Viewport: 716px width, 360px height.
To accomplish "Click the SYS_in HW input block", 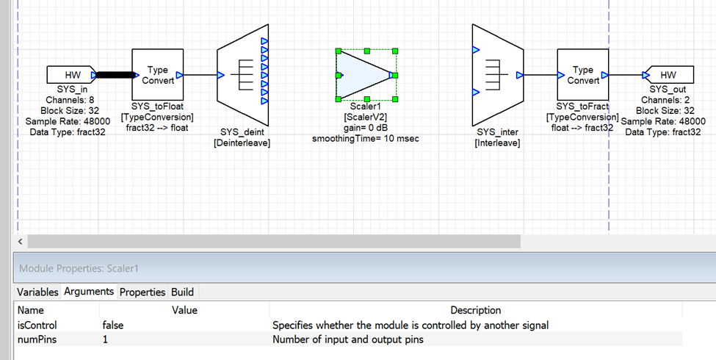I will pyautogui.click(x=70, y=75).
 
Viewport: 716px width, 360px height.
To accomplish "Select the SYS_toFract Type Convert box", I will pyautogui.click(x=582, y=75).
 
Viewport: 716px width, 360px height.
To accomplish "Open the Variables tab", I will pyautogui.click(x=37, y=292).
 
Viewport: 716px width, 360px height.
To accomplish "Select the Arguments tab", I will pyautogui.click(x=89, y=292).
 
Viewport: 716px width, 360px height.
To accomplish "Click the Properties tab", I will pyautogui.click(x=142, y=292).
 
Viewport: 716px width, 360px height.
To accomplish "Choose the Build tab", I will pyautogui.click(x=182, y=292).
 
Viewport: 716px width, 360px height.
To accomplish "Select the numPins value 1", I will pyautogui.click(x=106, y=339).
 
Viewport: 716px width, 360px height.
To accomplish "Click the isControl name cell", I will pyautogui.click(x=37, y=325).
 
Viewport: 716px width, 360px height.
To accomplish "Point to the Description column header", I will pyautogui.click(x=475, y=310).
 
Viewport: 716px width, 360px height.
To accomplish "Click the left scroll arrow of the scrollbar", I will pyautogui.click(x=21, y=241).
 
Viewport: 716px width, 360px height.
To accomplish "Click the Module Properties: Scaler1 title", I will pyautogui.click(x=79, y=269).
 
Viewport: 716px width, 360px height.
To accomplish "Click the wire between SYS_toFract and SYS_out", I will pyautogui.click(x=624, y=75).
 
